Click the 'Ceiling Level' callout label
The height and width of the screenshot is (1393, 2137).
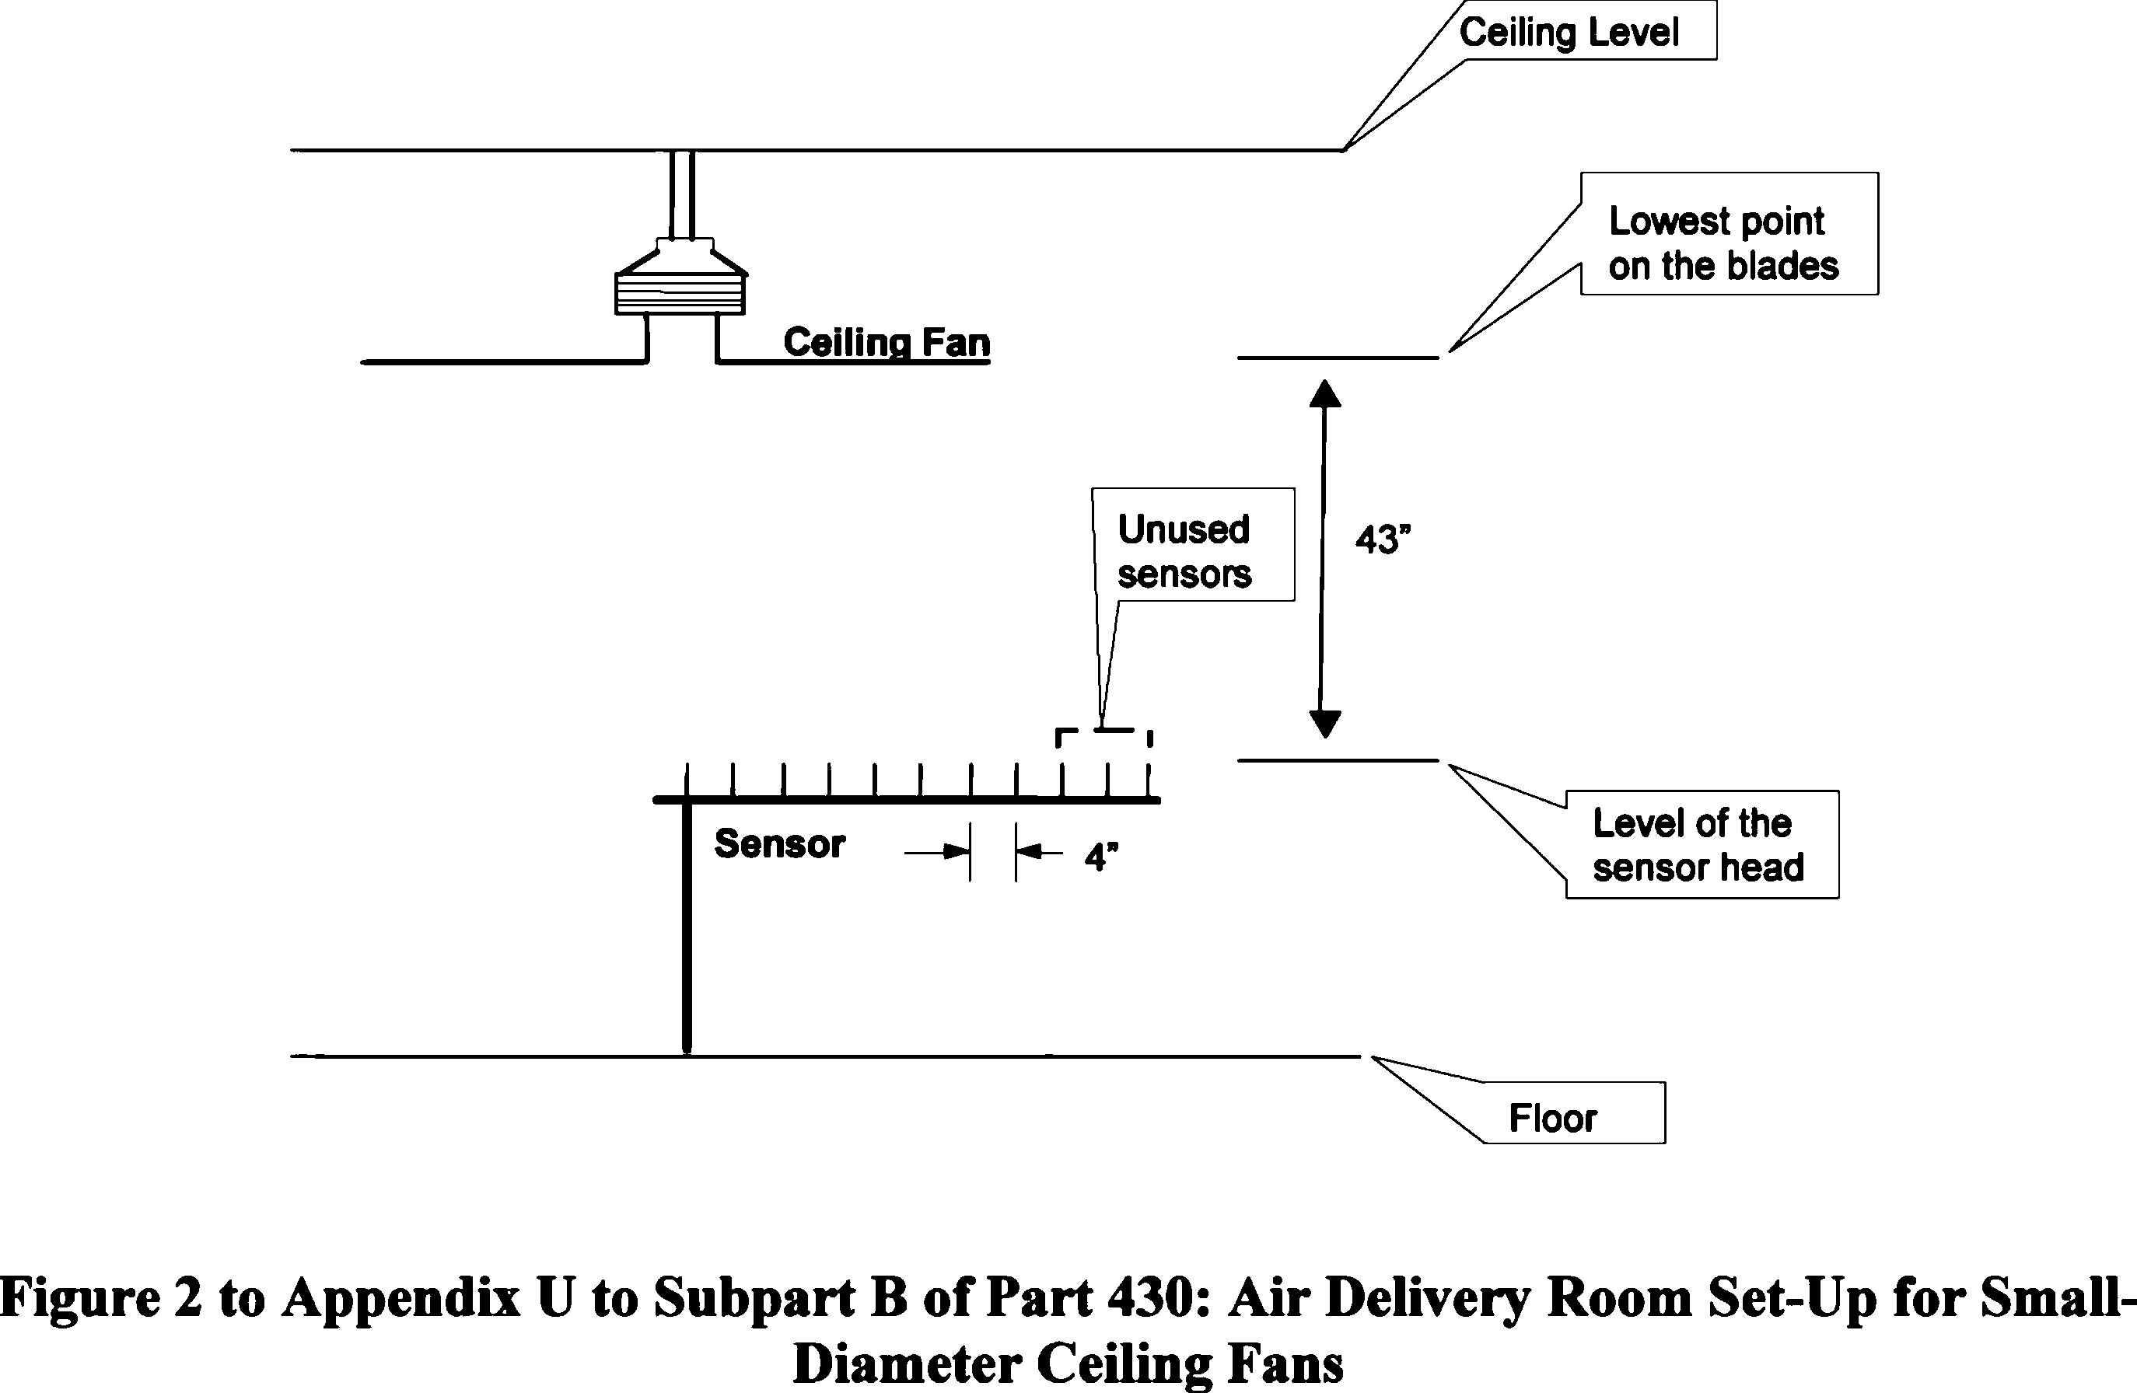coord(1569,33)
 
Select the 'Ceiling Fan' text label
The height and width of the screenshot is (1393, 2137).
coord(887,342)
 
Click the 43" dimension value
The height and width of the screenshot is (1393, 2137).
coord(1383,539)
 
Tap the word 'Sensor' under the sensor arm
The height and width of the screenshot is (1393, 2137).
coord(779,843)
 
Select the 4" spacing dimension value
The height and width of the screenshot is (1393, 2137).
coord(1101,857)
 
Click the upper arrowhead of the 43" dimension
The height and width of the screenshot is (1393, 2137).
coord(1325,393)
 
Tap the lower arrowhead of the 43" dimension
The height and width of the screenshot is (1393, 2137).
coord(1324,724)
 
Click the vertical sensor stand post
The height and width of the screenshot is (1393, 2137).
coord(687,924)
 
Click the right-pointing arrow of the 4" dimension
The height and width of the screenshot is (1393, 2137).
coord(939,851)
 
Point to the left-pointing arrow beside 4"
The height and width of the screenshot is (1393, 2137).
coord(1040,851)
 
